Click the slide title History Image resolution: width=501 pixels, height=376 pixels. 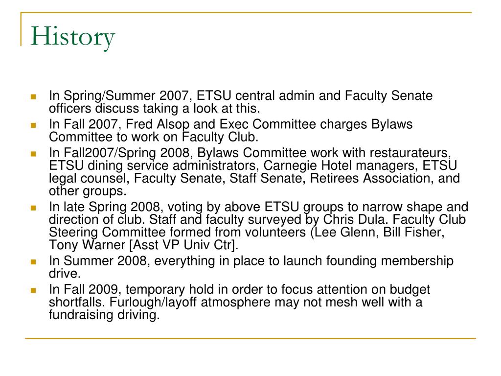(72, 38)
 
